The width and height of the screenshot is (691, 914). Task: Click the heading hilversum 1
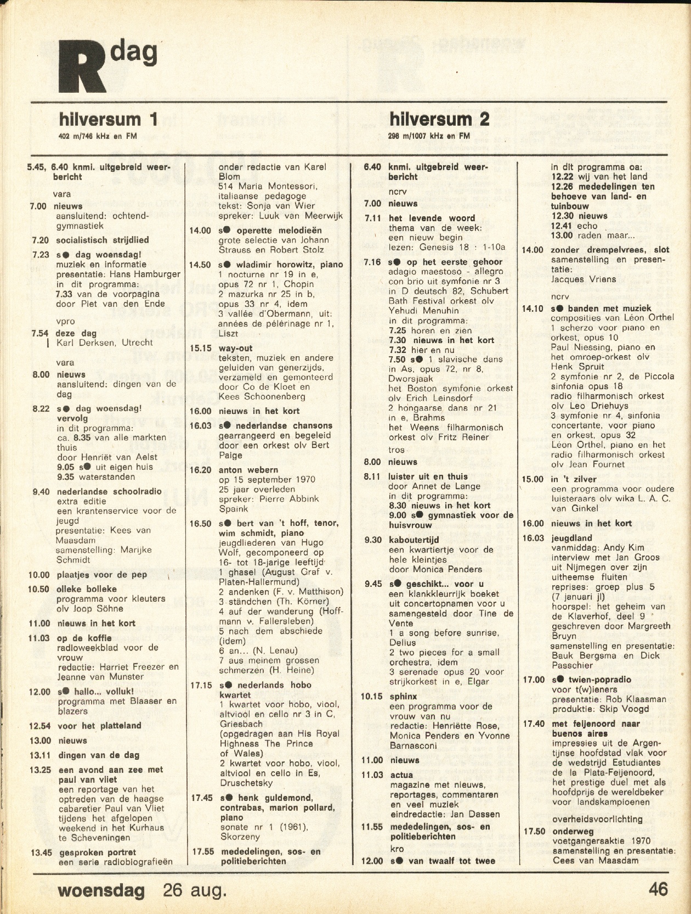coord(109,119)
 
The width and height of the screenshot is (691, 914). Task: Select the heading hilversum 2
coord(439,119)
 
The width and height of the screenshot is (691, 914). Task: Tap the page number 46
coord(658,888)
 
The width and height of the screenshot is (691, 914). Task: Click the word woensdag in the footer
coord(101,889)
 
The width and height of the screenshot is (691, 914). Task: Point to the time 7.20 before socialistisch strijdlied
coord(39,240)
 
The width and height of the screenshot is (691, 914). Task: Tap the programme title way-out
coord(235,348)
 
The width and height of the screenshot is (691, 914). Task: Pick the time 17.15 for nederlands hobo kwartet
coord(201,685)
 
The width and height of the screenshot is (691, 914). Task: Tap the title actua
coord(401,775)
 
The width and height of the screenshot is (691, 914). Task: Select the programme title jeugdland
coord(571,538)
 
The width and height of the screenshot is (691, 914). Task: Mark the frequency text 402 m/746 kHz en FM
coord(97,136)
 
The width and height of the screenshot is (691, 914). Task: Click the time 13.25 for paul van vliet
coord(40,770)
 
